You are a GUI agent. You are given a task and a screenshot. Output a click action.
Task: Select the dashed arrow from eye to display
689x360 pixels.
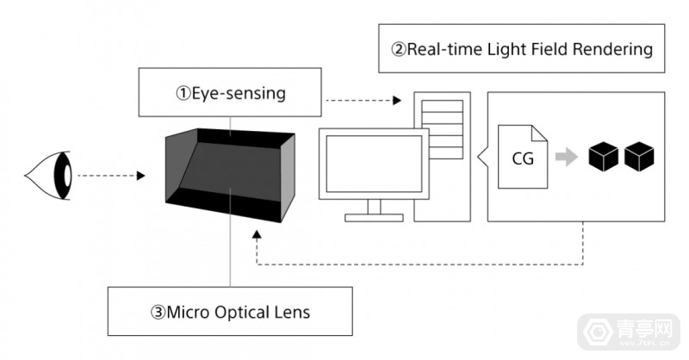(109, 177)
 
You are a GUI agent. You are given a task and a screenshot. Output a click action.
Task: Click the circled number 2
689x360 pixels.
(399, 48)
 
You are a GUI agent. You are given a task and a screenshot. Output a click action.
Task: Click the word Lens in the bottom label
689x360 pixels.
(290, 311)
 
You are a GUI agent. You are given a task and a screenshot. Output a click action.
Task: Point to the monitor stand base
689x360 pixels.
(374, 215)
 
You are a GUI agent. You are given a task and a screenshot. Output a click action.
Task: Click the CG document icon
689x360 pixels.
(523, 158)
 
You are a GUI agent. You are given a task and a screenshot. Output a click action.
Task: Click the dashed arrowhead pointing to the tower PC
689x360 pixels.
(396, 101)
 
